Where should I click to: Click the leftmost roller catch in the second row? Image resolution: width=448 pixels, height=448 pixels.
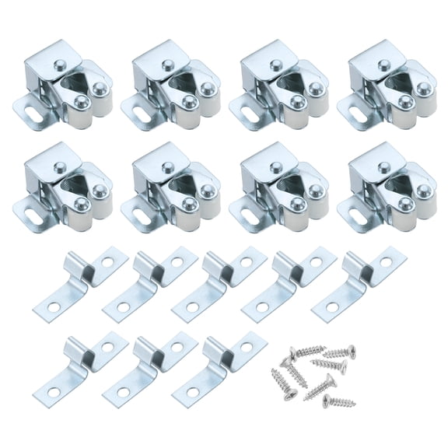[68, 187]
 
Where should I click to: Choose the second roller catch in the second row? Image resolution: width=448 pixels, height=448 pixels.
[177, 187]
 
